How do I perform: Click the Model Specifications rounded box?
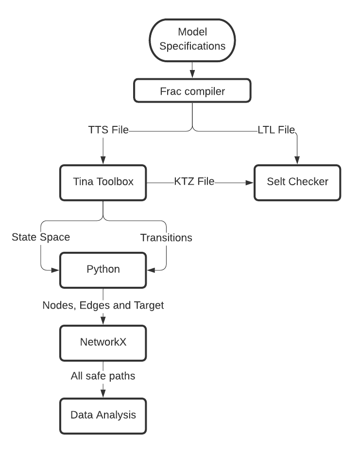pyautogui.click(x=192, y=39)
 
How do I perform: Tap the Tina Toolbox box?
pyautogui.click(x=103, y=182)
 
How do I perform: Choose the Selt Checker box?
pyautogui.click(x=297, y=182)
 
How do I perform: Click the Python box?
pyautogui.click(x=103, y=269)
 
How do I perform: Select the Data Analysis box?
pyautogui.click(x=103, y=415)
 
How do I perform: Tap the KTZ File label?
pyautogui.click(x=194, y=182)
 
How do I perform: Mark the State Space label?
pyautogui.click(x=41, y=237)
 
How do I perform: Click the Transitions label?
pyautogui.click(x=166, y=238)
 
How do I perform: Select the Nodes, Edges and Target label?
pyautogui.click(x=103, y=305)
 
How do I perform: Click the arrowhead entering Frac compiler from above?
pyautogui.click(x=192, y=74)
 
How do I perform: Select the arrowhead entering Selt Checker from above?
pyautogui.click(x=297, y=161)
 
